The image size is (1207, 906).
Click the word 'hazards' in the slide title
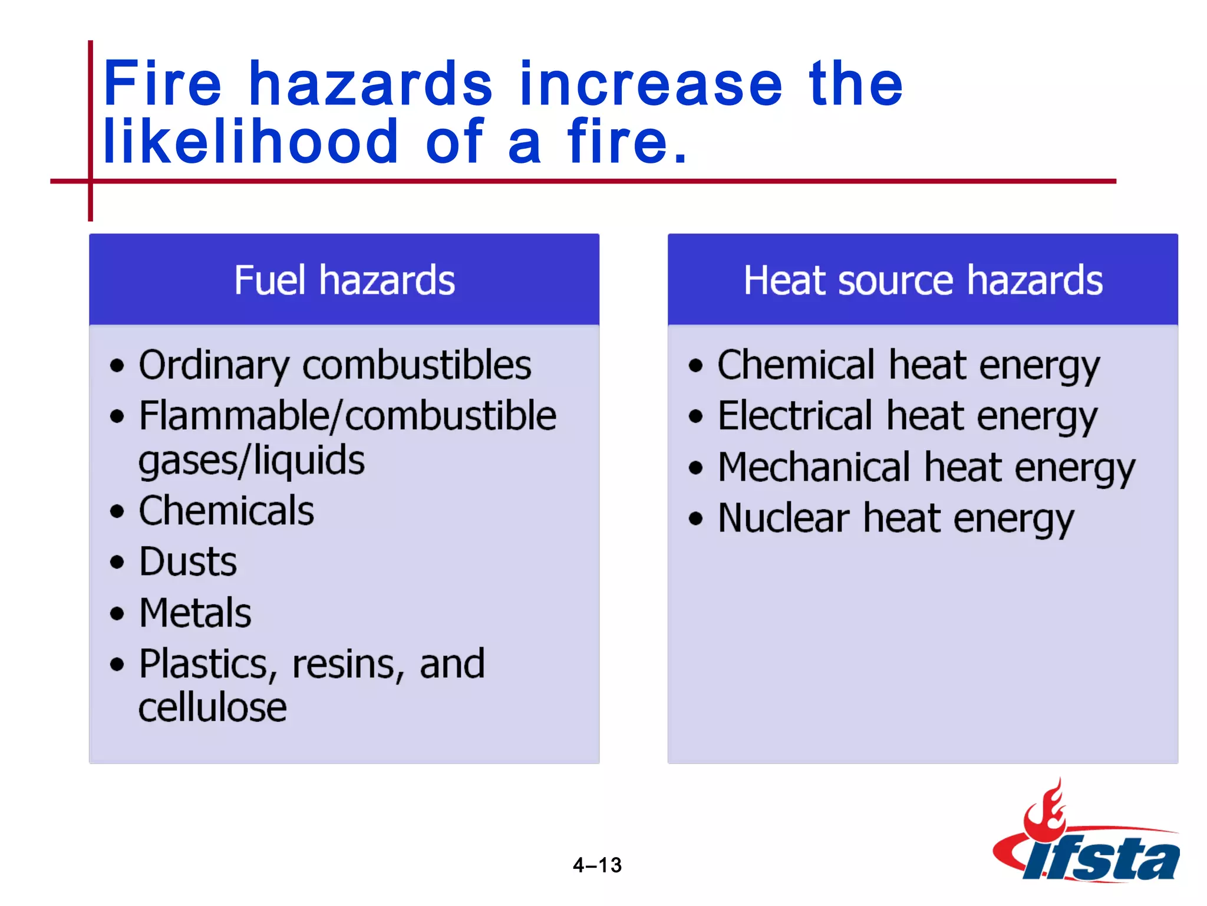370,84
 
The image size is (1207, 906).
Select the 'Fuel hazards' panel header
344,280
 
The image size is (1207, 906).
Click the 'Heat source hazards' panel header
922,280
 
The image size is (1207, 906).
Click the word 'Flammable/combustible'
348,416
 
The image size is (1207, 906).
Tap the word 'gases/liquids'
252,461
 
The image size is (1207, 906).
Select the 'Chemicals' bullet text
226,511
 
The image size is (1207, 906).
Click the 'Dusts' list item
188,562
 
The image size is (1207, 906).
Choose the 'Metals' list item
195,613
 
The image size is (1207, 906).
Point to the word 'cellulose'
212,707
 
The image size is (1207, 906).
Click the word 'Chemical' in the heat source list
796,365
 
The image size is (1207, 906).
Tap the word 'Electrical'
795,416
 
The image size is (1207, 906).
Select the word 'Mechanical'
814,467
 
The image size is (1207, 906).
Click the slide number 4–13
597,865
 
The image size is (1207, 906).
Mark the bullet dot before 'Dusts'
117,562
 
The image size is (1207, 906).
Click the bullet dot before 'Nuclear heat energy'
696,518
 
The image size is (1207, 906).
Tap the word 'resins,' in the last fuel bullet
348,665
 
